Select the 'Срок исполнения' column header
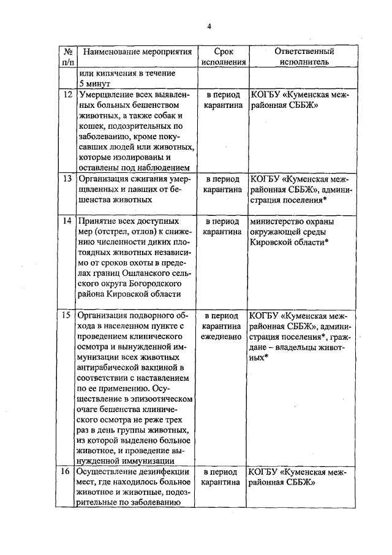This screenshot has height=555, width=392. point(224,56)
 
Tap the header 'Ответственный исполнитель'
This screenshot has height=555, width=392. point(304,56)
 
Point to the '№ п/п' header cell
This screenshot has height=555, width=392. point(68,56)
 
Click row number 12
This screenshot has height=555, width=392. point(67,95)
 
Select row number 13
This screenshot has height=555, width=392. point(67,179)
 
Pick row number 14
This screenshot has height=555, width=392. point(67,221)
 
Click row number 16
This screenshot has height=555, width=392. point(67,473)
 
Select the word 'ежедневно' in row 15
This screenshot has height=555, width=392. point(224,337)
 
